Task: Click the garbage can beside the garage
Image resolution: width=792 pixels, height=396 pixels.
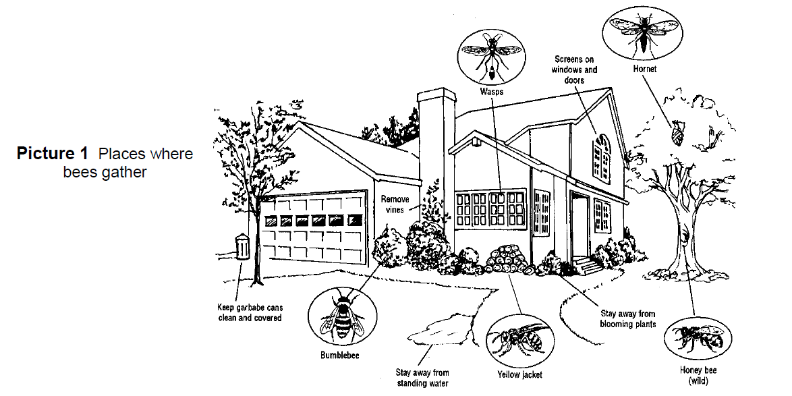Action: [x=243, y=247]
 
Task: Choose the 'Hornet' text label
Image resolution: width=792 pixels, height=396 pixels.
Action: [x=644, y=69]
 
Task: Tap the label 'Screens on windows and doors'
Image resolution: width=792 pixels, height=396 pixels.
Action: [x=574, y=70]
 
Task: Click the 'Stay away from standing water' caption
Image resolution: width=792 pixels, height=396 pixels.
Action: [x=422, y=378]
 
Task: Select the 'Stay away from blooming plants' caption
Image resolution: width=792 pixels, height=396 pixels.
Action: [x=627, y=318]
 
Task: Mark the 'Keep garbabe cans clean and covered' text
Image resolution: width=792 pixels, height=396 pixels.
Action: [x=250, y=312]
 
